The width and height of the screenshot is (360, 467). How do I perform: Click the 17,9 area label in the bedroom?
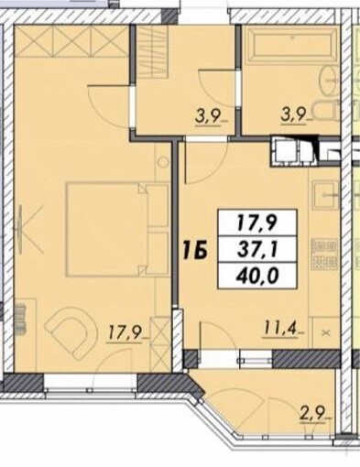[x=124, y=333]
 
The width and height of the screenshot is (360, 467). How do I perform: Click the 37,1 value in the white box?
[x=257, y=251]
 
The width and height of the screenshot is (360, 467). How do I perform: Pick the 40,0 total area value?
[x=257, y=277]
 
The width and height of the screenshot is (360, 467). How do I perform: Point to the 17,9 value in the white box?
[x=257, y=223]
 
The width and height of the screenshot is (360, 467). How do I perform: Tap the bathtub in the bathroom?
[x=292, y=45]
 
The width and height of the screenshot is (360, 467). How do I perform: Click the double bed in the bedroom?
[x=117, y=230]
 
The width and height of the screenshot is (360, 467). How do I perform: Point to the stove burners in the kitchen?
[x=325, y=255]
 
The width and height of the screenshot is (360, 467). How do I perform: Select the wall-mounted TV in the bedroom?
[x=20, y=230]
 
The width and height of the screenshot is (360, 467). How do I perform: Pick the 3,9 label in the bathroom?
[x=294, y=117]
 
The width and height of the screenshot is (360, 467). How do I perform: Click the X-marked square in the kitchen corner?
[x=326, y=332]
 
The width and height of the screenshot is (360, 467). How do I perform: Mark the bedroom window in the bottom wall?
[x=91, y=385]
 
